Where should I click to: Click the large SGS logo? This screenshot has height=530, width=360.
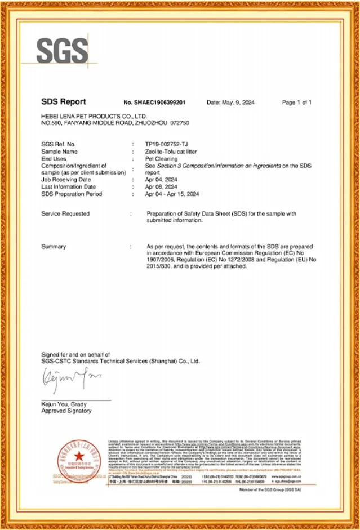tap(63, 51)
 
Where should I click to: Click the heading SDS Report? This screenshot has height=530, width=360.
tap(63, 102)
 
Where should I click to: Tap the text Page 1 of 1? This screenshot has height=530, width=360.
tap(296, 103)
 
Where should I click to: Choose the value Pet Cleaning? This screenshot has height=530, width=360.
tap(162, 159)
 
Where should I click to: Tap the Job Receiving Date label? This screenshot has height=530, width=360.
tap(66, 180)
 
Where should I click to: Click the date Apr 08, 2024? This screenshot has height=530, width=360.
tap(161, 187)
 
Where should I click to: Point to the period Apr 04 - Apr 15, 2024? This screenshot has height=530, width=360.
tap(175, 194)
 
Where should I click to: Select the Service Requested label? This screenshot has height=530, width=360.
tap(65, 214)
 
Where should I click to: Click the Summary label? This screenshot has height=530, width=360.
tap(54, 247)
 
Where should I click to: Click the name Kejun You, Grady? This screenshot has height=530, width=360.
tap(64, 404)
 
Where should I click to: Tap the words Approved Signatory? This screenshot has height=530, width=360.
tap(66, 411)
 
